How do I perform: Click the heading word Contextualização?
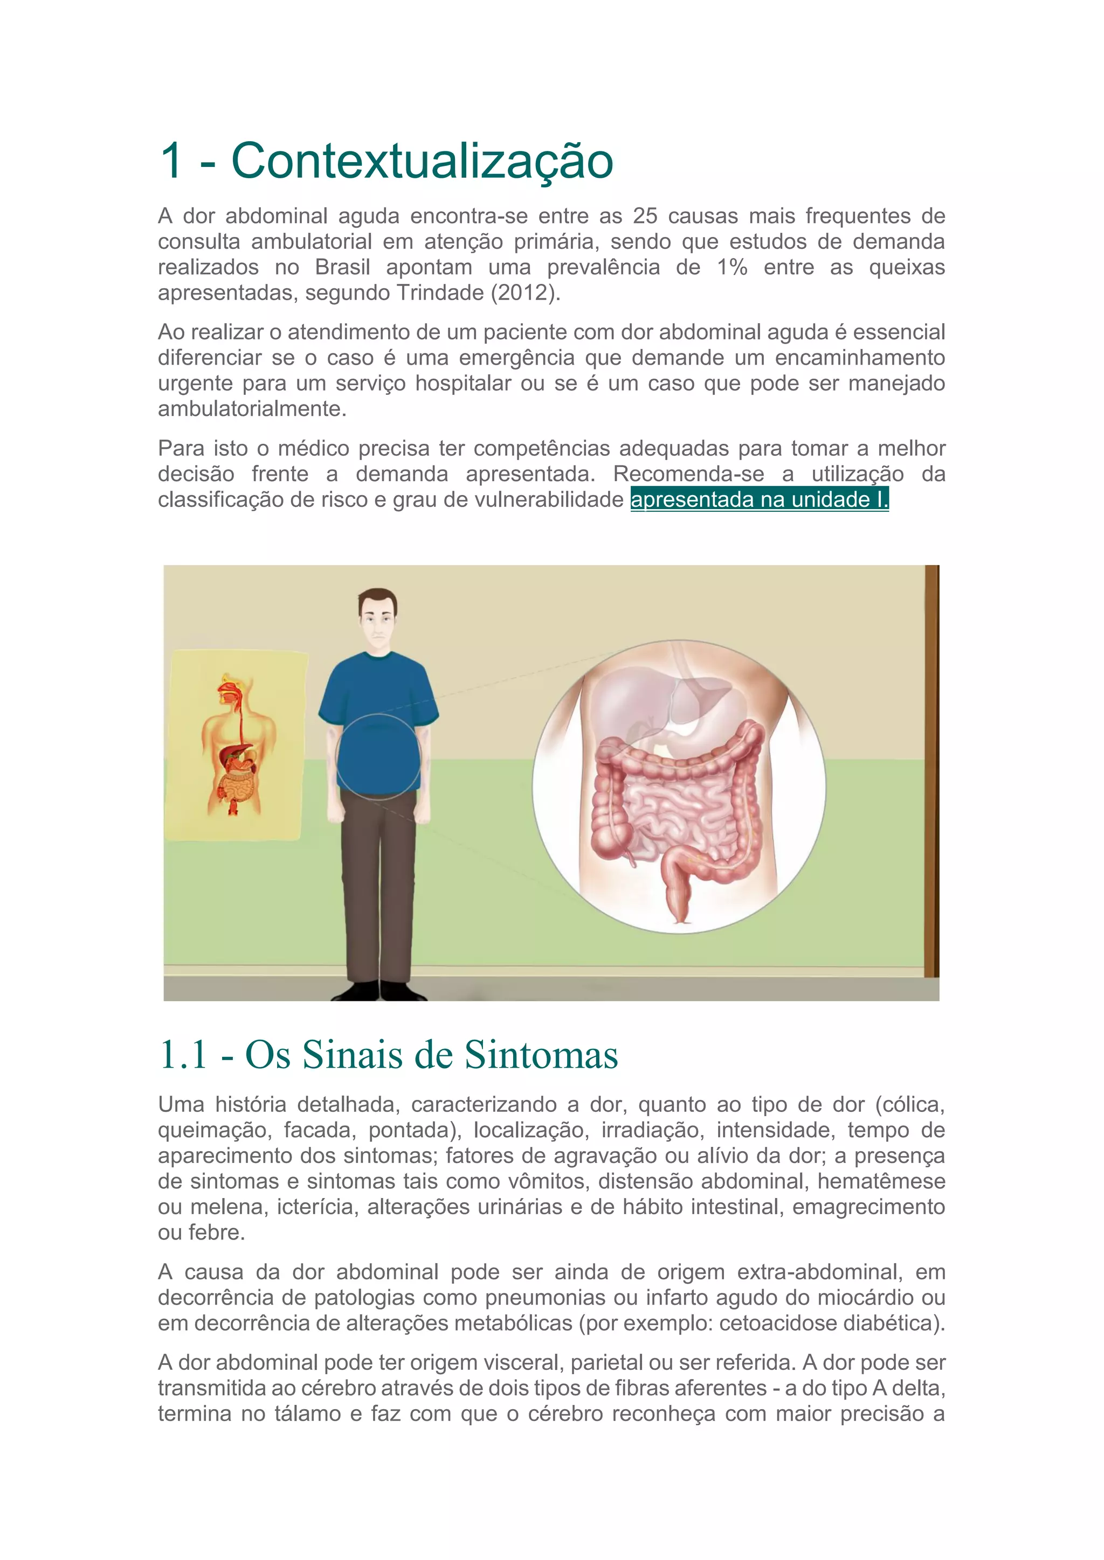(422, 162)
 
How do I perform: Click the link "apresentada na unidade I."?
(760, 499)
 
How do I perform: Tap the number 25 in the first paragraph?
(645, 216)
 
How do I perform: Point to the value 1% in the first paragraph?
(732, 267)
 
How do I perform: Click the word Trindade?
(440, 293)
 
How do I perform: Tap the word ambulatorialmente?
(252, 409)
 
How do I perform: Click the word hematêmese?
(880, 1181)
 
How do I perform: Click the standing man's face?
(378, 619)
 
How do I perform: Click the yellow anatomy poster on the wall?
(234, 744)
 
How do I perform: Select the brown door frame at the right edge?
(931, 768)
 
